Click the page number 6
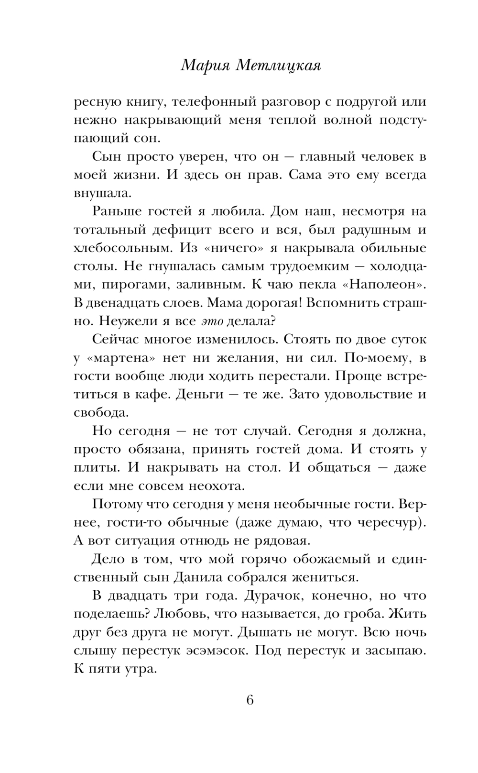[250, 700]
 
